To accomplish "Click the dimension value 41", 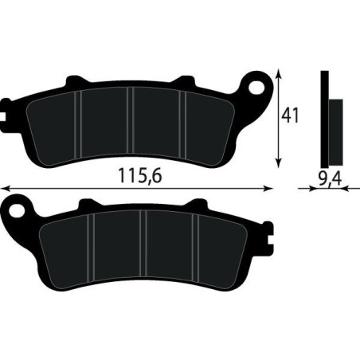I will click(x=291, y=115).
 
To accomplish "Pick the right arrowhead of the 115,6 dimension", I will click(x=268, y=189).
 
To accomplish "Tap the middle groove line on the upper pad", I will click(x=131, y=119).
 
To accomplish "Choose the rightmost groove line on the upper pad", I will click(x=185, y=119).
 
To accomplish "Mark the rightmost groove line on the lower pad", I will click(x=198, y=243).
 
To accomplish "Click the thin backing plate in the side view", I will click(x=323, y=112).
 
